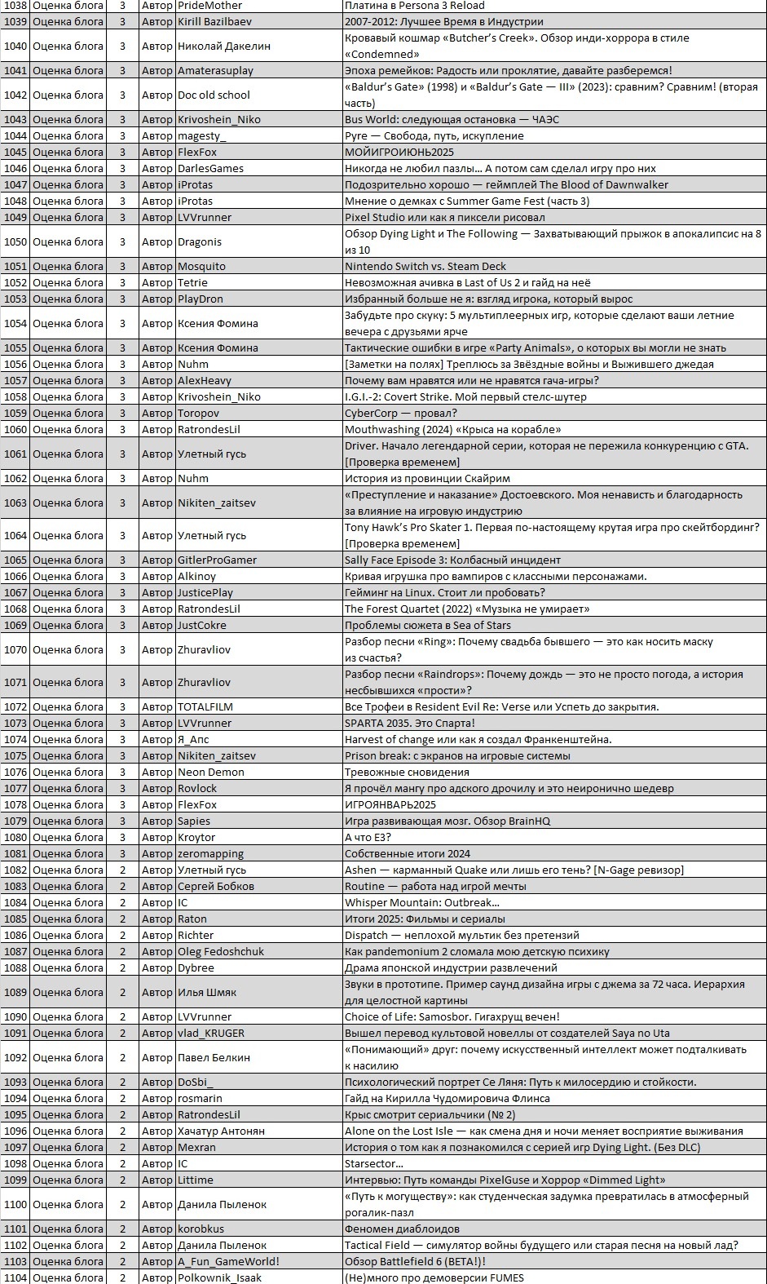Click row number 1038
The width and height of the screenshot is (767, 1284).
15,5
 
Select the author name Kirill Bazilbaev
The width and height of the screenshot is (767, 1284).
214,21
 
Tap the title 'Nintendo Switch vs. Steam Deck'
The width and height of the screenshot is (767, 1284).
425,266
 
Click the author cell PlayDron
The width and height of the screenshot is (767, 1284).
201,299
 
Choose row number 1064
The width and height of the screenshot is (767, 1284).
15,535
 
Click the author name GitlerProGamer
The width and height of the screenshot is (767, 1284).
217,560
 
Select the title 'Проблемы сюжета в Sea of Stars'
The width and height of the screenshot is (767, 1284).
428,625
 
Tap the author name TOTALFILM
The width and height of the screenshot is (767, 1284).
205,706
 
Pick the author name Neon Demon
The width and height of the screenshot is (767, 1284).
210,772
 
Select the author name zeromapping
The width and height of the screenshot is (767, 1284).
210,853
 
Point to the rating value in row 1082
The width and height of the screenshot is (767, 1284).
123,870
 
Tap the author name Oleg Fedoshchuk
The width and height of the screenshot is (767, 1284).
221,951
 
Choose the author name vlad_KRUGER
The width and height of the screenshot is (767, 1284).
211,1033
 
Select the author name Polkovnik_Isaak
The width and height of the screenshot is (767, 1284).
219,1277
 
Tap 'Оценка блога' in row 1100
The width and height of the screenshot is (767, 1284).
68,1204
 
